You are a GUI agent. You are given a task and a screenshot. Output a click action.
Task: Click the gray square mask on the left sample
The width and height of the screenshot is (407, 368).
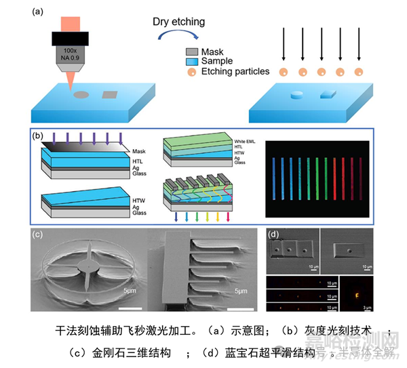[109, 94]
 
